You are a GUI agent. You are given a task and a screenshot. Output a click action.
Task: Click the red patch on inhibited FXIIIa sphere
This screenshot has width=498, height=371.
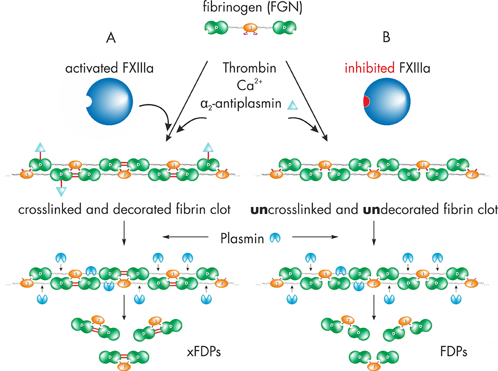pos(366,101)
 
